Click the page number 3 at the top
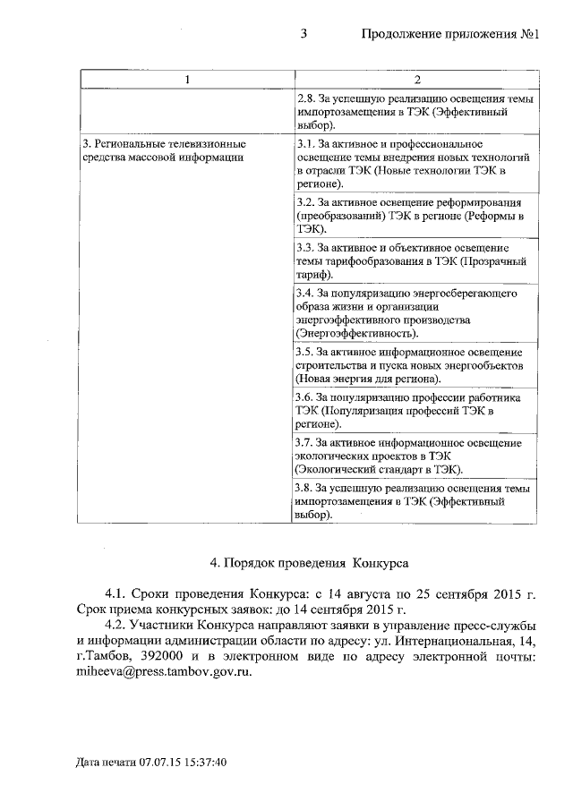304,35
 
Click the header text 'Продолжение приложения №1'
449,35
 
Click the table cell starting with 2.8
415,113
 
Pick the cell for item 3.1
415,163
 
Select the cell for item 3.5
415,364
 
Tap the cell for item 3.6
415,411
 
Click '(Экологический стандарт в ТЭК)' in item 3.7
380,469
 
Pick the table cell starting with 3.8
415,502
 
